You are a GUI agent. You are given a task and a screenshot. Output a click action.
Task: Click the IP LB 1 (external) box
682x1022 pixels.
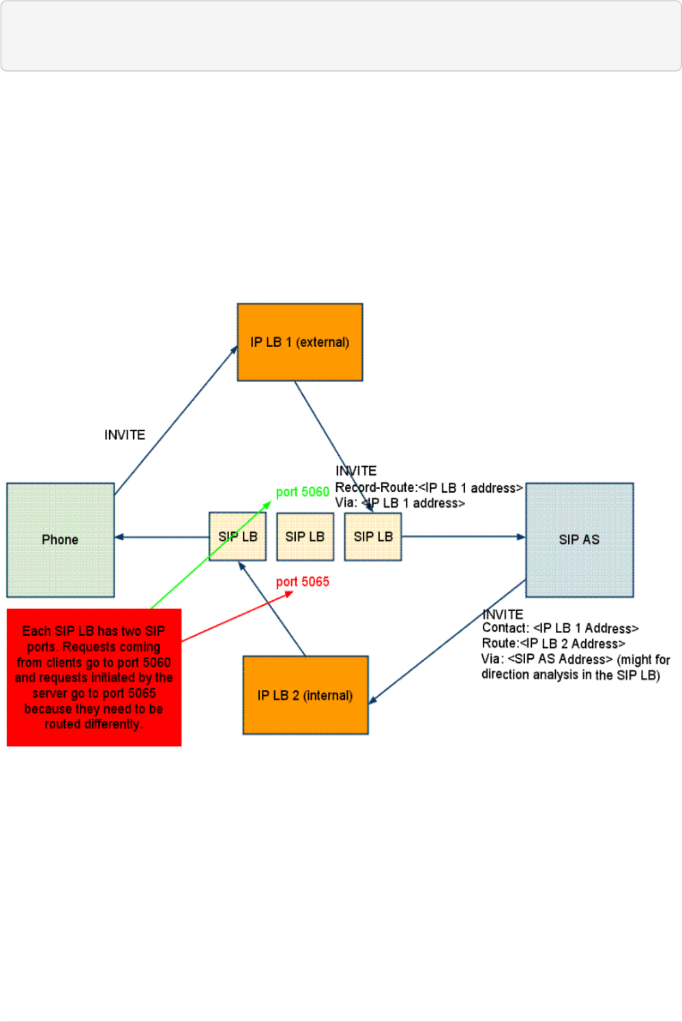(299, 342)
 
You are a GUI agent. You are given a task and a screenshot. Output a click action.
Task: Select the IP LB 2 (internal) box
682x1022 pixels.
(305, 695)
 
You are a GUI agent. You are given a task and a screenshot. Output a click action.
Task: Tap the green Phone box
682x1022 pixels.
(60, 540)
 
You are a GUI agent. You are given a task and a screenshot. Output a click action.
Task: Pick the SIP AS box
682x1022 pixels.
(579, 540)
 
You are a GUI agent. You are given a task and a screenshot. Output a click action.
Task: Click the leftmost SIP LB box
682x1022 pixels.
(237, 537)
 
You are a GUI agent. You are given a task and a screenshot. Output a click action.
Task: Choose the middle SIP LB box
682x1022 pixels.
(305, 537)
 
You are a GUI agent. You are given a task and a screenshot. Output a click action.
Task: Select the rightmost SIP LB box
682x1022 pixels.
(373, 537)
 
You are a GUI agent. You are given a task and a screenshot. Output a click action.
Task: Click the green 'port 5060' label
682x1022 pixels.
(302, 492)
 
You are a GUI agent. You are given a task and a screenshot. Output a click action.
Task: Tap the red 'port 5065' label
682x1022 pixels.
(302, 582)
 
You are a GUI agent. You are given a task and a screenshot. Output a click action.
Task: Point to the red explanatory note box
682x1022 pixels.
(94, 677)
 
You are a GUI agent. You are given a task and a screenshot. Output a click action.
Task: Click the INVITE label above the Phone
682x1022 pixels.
(125, 435)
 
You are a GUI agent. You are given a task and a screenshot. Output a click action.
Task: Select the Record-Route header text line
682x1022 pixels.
(428, 488)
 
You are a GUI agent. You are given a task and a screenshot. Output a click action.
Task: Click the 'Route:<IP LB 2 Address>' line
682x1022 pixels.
(553, 644)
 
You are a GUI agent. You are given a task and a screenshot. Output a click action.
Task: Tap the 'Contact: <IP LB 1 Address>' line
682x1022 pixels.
(560, 628)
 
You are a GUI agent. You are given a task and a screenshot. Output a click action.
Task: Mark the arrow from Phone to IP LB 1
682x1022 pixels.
(175, 420)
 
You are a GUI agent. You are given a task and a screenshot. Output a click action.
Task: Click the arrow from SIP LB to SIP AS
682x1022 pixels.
(464, 537)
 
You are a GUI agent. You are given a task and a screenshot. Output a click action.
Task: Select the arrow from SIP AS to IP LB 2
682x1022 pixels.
(447, 641)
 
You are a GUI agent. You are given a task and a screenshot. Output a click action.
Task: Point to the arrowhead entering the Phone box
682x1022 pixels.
(119, 537)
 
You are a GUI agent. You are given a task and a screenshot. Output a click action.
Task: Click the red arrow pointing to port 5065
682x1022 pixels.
(235, 617)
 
